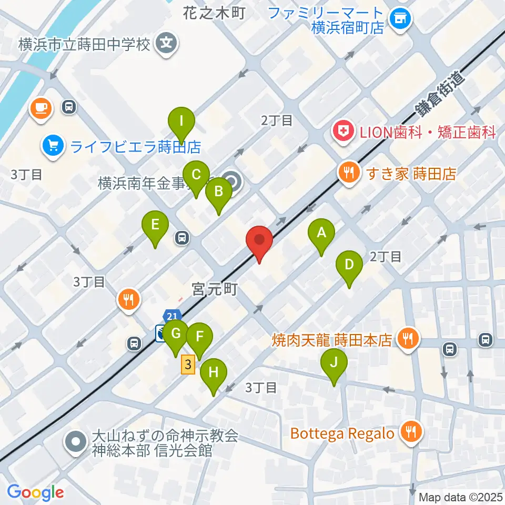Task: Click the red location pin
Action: click(x=259, y=241)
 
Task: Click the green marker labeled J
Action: click(x=335, y=365)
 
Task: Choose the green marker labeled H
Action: click(x=214, y=374)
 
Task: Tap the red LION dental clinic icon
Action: click(x=343, y=131)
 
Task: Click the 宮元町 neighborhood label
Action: click(x=215, y=288)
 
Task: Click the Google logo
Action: click(x=35, y=492)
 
